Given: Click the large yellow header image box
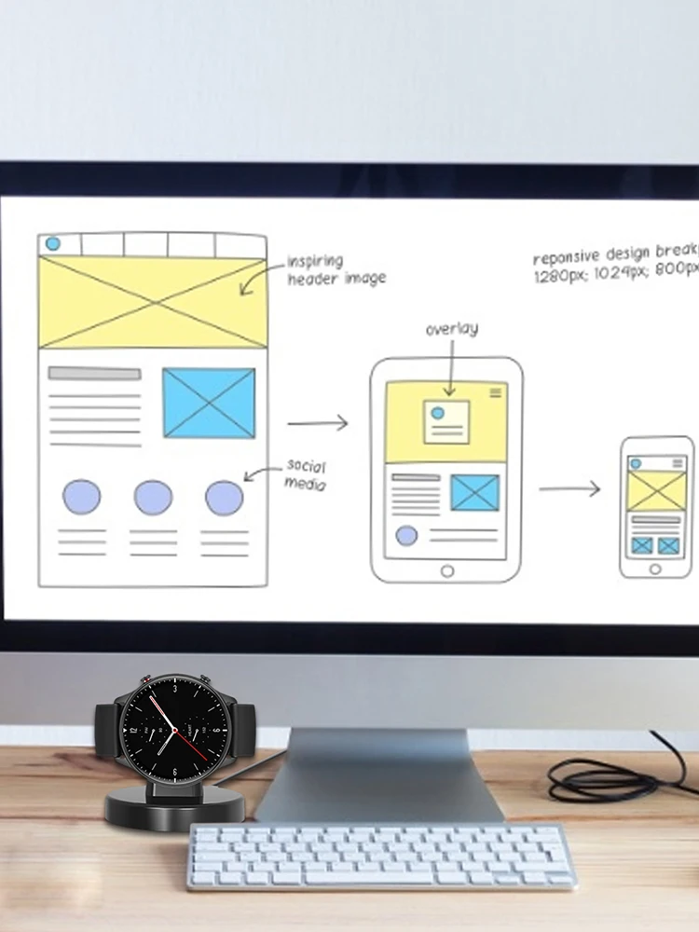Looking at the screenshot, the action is click(153, 303).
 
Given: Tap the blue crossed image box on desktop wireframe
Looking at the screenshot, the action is click(209, 403).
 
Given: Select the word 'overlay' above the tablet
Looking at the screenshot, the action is click(452, 329).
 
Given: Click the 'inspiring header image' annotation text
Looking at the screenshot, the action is click(335, 269).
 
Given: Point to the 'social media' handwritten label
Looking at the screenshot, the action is click(306, 474).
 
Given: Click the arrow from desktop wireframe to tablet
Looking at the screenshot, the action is click(317, 423).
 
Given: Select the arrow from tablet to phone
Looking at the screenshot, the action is click(569, 488).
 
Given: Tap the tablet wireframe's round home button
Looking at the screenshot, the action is click(447, 570).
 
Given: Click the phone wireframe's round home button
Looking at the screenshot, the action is click(655, 568).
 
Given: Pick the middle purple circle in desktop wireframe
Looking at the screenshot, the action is click(153, 497).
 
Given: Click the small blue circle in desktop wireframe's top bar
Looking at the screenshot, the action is click(53, 244).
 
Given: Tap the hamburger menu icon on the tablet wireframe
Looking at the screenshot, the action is click(495, 392).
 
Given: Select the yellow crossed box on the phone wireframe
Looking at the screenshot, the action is click(656, 490).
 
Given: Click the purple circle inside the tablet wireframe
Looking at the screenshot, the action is click(406, 536).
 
